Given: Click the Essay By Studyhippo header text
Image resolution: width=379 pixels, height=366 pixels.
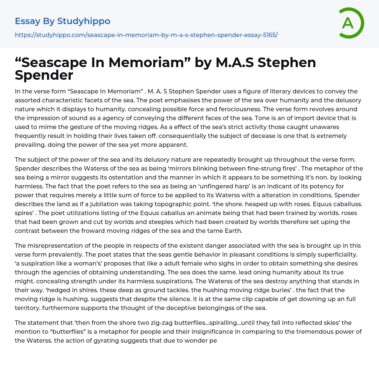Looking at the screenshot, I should (x=63, y=21).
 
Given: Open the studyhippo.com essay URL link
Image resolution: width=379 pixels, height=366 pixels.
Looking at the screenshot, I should (x=146, y=35).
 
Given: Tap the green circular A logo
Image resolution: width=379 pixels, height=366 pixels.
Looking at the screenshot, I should (x=349, y=23).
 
